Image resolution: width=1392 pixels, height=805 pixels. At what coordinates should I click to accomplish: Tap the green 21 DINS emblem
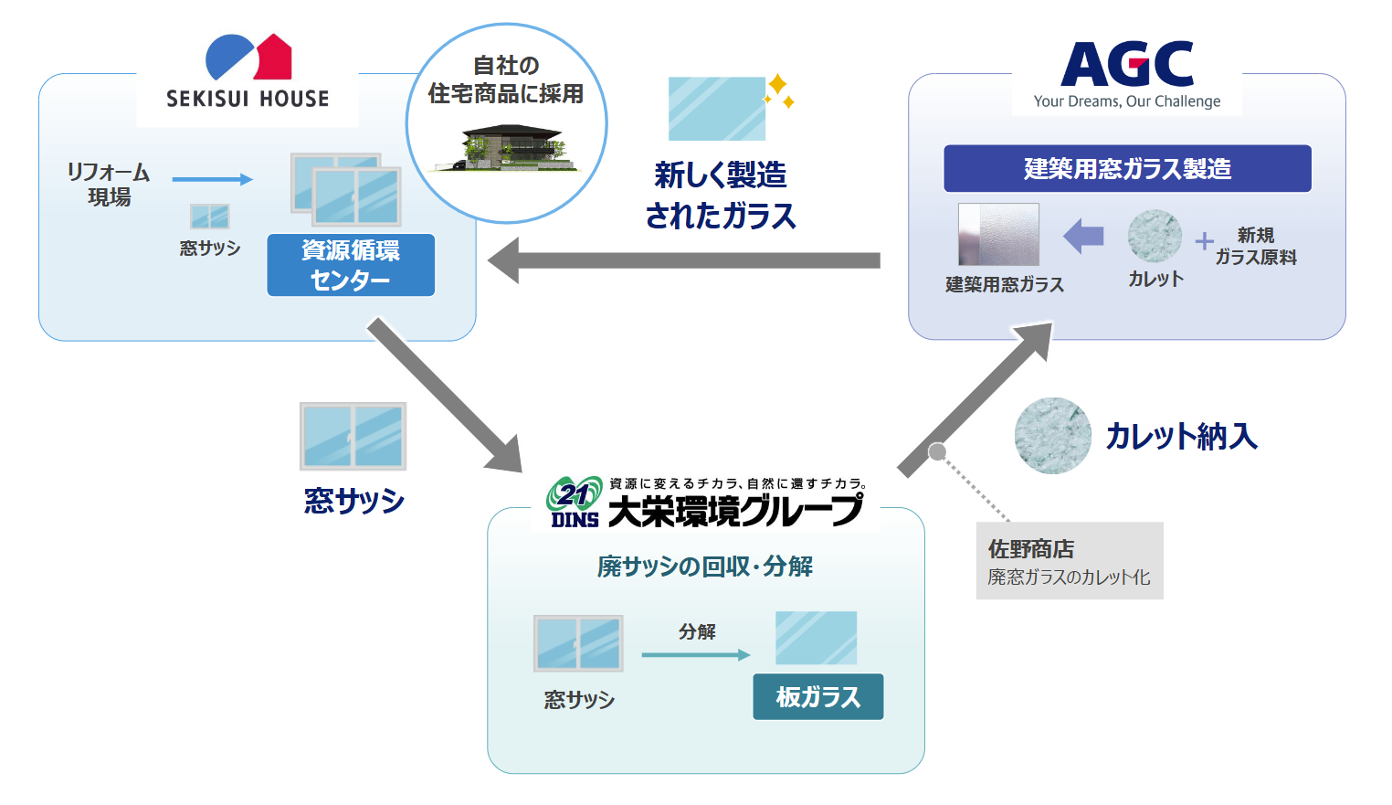click(x=575, y=502)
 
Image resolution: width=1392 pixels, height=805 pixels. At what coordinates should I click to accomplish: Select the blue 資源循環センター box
click(x=351, y=265)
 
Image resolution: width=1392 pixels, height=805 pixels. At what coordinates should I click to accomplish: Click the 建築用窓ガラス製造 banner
click(x=1127, y=169)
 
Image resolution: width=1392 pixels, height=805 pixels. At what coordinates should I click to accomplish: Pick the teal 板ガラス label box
click(x=818, y=697)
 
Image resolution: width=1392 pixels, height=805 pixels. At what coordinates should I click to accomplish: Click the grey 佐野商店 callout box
click(x=1070, y=561)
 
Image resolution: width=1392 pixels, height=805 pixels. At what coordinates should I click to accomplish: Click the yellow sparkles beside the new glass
click(x=779, y=91)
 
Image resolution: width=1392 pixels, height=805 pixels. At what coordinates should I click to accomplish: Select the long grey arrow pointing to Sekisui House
click(x=685, y=261)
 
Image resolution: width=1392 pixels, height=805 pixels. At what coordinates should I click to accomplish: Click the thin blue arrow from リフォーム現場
click(x=212, y=180)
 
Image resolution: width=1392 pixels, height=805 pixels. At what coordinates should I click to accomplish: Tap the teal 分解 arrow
click(x=695, y=654)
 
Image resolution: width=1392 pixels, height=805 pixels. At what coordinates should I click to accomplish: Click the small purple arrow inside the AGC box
click(x=1084, y=237)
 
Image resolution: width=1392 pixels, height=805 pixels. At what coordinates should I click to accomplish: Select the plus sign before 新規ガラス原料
click(x=1205, y=240)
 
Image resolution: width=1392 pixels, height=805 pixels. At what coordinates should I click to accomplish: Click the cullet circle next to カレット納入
click(x=1053, y=436)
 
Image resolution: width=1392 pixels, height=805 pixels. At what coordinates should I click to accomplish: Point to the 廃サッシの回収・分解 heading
click(x=705, y=567)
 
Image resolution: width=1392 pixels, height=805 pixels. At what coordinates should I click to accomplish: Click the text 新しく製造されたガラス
click(x=721, y=196)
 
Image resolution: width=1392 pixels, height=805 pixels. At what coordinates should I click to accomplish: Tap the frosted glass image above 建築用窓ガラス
click(x=998, y=235)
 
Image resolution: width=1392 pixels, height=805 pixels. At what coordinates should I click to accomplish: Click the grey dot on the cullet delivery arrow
click(x=937, y=451)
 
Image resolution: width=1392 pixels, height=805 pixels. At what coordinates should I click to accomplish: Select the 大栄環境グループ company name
click(x=734, y=511)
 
